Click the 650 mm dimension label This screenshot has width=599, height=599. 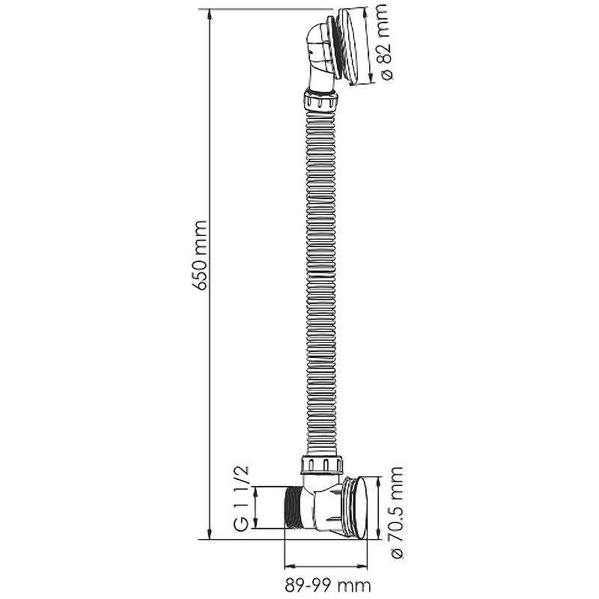click(201, 255)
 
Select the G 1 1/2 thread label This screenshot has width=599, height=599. click(241, 498)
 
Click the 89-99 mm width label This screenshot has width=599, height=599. click(327, 585)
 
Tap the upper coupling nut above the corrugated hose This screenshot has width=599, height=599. click(321, 100)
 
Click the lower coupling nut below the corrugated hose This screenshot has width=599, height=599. click(321, 465)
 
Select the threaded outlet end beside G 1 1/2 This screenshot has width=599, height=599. click(294, 508)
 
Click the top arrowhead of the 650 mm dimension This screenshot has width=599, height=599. click(209, 15)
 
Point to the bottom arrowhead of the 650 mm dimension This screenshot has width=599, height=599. click(209, 533)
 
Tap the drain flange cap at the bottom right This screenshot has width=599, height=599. click(355, 508)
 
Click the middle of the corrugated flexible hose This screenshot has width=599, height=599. click(321, 284)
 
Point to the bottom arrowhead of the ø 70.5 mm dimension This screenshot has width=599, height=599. click(378, 533)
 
